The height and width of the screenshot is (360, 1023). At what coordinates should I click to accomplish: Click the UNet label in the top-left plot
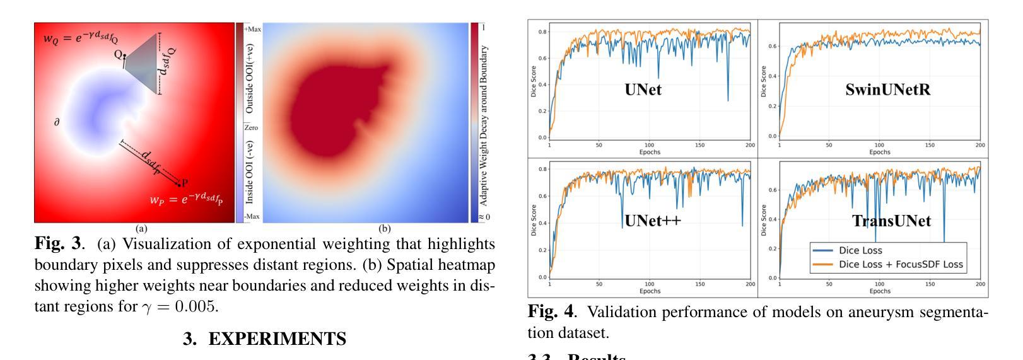(643, 90)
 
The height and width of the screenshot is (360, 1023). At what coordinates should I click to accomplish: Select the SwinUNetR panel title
(887, 90)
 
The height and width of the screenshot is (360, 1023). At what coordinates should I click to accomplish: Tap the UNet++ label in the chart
(652, 221)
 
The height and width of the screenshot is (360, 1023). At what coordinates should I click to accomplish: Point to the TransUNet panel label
(891, 221)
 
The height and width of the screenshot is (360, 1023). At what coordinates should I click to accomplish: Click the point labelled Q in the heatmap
(124, 57)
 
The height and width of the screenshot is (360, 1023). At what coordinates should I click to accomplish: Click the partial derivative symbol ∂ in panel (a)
(57, 122)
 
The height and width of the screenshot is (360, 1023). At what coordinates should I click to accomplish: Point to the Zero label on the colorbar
(250, 128)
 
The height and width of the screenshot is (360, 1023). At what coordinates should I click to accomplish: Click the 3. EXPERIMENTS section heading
(264, 339)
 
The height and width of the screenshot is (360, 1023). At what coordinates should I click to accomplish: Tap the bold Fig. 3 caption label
(57, 244)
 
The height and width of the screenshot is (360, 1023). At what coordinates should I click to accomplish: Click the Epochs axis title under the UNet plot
(650, 152)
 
